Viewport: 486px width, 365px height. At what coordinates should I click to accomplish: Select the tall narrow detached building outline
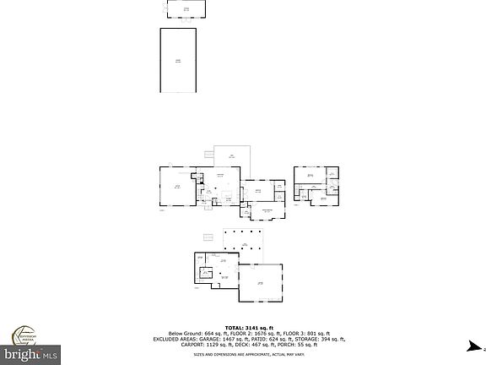(x=178, y=60)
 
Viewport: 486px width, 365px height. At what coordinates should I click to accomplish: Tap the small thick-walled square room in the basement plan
(x=204, y=273)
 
